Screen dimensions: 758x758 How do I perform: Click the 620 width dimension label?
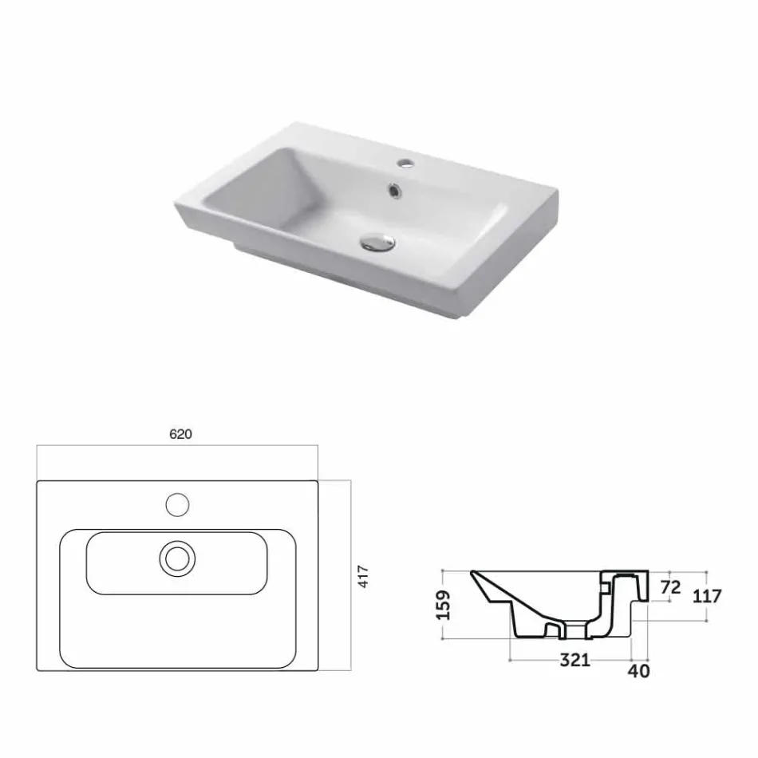[181, 434]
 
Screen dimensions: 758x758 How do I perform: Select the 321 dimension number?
[574, 660]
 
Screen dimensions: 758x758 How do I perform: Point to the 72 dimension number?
[671, 587]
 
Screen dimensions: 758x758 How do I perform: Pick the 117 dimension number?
[707, 595]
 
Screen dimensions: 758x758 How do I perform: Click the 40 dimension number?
[638, 671]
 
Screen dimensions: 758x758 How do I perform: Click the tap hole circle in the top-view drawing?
[176, 504]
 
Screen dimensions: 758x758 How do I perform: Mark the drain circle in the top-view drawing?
[177, 558]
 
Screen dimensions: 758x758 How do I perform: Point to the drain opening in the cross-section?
[574, 630]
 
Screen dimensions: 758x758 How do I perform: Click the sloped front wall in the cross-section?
[493, 594]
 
